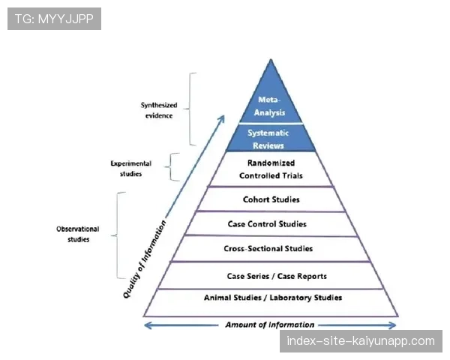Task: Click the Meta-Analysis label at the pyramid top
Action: point(269,106)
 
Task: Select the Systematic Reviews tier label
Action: point(268,139)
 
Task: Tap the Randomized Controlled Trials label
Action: point(271,169)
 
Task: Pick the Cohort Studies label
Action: point(271,199)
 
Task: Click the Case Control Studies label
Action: point(267,224)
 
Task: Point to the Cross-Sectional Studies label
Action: point(268,248)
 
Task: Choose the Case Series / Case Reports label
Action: point(277,276)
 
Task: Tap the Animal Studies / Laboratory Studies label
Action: point(273,298)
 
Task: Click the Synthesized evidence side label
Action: point(159,110)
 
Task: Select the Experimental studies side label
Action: point(130,169)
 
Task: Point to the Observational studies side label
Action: point(78,234)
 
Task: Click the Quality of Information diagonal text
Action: point(144,259)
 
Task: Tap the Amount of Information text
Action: point(269,325)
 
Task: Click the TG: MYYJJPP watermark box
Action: point(54,19)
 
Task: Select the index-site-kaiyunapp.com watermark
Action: point(361,341)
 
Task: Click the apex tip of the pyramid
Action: point(271,59)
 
